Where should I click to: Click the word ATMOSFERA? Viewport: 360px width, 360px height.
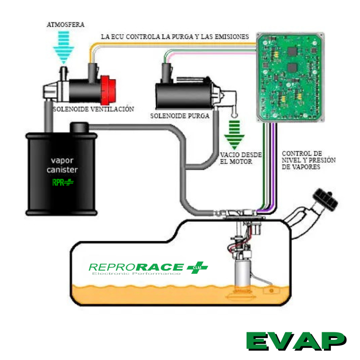66,24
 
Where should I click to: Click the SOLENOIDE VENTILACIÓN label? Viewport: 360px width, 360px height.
93,109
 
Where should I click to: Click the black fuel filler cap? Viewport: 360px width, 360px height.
326,199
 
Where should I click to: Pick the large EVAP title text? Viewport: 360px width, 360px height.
296,341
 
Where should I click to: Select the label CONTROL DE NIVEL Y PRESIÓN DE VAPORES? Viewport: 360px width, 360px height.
302,160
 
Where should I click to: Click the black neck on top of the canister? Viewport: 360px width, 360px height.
79,127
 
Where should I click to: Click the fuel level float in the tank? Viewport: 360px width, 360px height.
270,291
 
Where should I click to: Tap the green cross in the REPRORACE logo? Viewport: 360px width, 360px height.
196,268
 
